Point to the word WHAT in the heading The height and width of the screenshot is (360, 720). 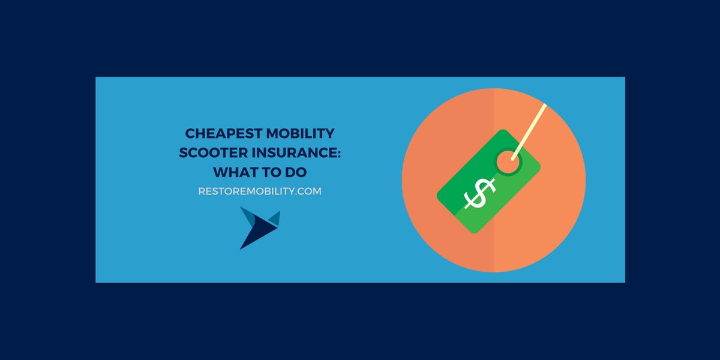[234, 172]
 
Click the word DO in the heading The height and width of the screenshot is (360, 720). [296, 172]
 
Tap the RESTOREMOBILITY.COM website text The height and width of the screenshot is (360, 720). [260, 191]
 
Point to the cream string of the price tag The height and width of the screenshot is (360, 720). [530, 129]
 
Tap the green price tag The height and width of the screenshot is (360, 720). [474, 198]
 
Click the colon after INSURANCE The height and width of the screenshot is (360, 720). [338, 154]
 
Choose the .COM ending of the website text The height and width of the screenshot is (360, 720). [308, 191]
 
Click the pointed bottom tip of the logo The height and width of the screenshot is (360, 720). [242, 247]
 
